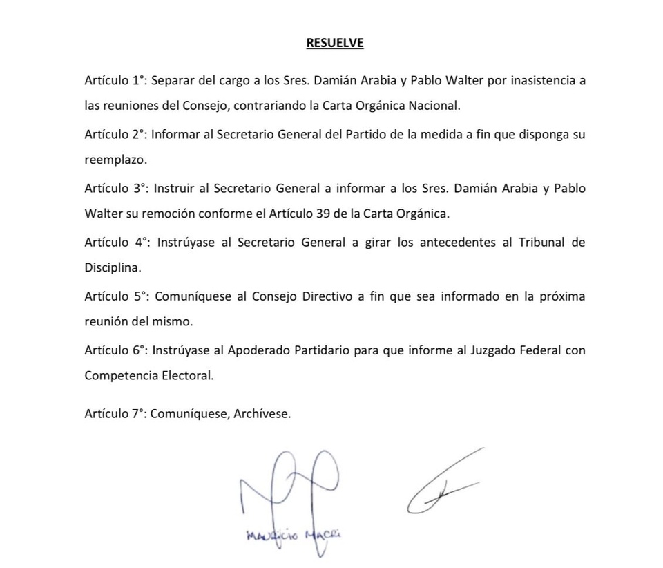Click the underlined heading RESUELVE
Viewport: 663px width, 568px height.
(x=335, y=43)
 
